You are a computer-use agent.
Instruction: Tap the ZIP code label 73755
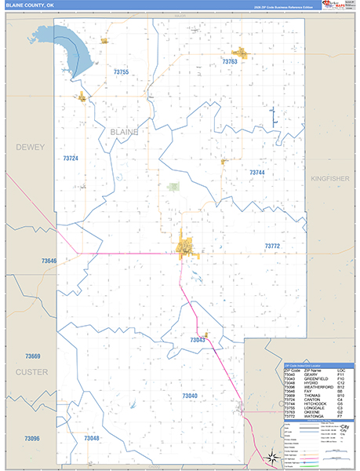click(x=121, y=72)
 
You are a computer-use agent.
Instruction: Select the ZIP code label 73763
click(x=230, y=61)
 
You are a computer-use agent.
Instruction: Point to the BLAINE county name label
click(x=124, y=132)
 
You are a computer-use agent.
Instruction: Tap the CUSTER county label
click(x=31, y=372)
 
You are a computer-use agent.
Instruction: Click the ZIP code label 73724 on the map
click(x=71, y=159)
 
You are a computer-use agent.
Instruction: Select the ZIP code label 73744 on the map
click(x=257, y=172)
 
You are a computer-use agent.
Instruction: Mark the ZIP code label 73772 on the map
click(x=272, y=246)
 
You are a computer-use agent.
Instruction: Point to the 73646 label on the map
click(x=49, y=261)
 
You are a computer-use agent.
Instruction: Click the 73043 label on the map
click(x=198, y=340)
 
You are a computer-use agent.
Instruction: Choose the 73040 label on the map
click(x=190, y=396)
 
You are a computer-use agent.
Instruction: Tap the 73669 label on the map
click(x=32, y=356)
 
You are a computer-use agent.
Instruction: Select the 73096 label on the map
click(x=31, y=438)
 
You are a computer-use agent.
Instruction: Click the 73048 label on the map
click(x=92, y=438)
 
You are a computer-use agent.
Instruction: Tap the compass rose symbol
click(x=270, y=457)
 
